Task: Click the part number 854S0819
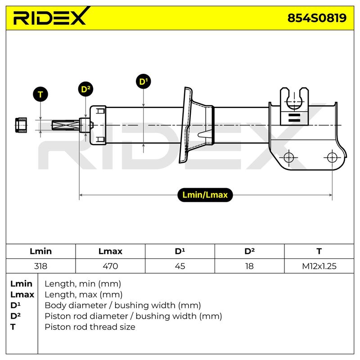tap(317, 18)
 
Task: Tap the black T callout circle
tap(40, 94)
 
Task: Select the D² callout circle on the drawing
tap(85, 89)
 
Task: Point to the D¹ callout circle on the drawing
tap(144, 81)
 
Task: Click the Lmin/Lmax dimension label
tap(205, 195)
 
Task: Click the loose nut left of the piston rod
tap(21, 125)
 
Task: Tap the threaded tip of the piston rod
tap(65, 125)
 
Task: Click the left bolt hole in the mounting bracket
tap(288, 157)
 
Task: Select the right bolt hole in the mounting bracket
tap(332, 157)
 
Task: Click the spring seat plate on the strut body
tap(186, 125)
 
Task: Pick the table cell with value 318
tap(40, 266)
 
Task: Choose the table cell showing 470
tap(110, 266)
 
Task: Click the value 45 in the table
tap(180, 266)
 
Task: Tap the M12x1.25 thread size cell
tap(319, 266)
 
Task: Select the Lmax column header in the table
tap(110, 252)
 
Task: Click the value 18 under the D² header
tap(249, 266)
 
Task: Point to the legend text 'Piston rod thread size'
tap(90, 327)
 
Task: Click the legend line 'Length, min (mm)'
tap(83, 284)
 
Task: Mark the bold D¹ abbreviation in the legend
tap(15, 306)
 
